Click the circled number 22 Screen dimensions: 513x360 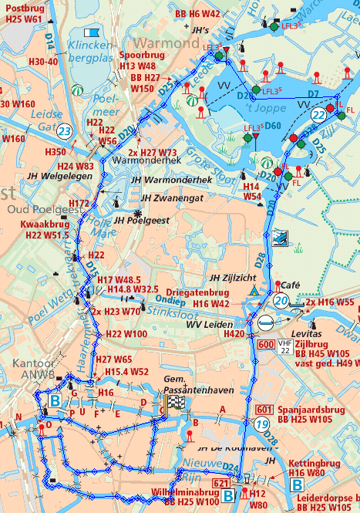pos(318,114)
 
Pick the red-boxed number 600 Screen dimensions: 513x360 pos(266,343)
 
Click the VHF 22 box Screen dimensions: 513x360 pos(286,346)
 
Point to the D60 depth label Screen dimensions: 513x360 pos(273,126)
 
